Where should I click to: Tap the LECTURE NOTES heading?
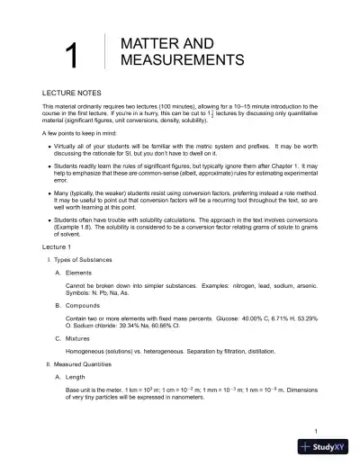(72, 93)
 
